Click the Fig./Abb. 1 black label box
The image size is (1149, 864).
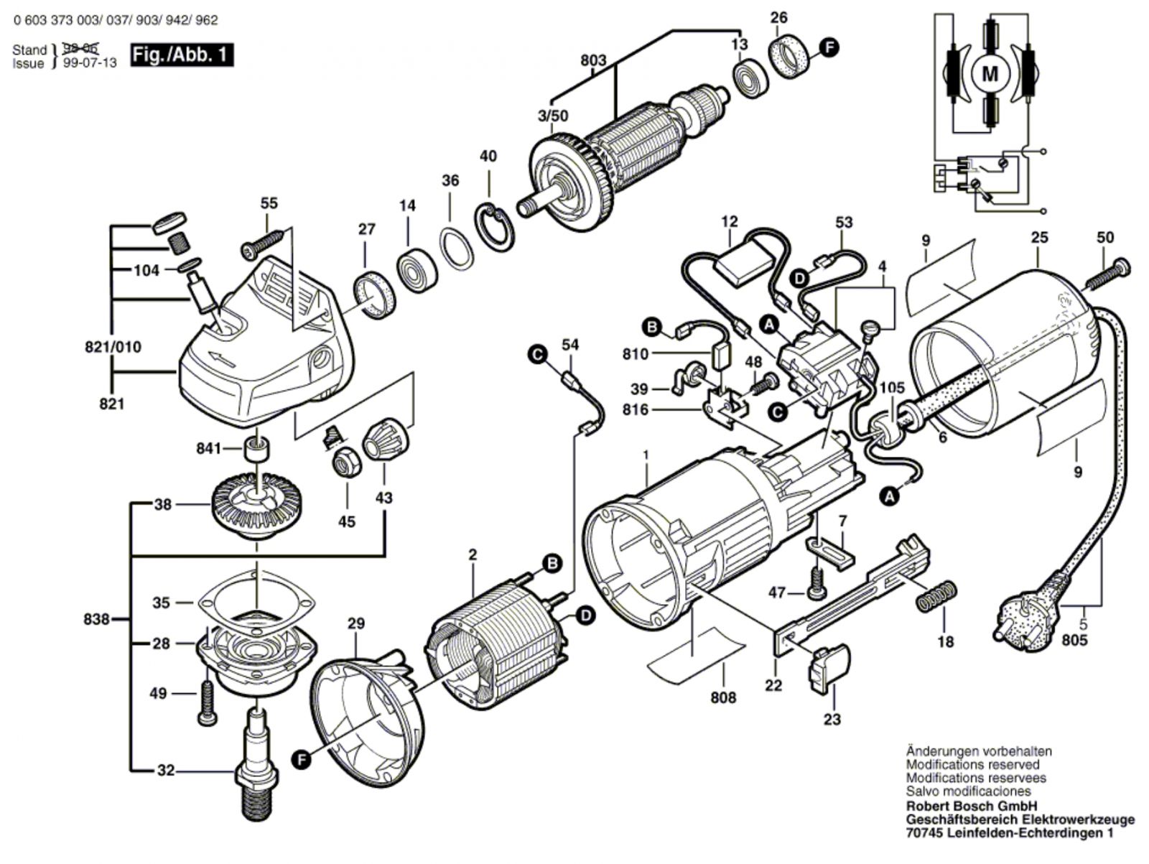(x=182, y=55)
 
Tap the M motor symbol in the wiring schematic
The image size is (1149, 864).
(x=990, y=73)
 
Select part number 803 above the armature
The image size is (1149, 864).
(x=593, y=60)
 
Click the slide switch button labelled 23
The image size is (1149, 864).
(x=830, y=668)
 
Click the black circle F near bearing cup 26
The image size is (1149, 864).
(x=829, y=48)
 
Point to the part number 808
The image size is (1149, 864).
(x=723, y=697)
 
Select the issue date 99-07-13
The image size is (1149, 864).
(x=90, y=62)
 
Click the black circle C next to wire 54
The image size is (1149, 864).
(x=536, y=353)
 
